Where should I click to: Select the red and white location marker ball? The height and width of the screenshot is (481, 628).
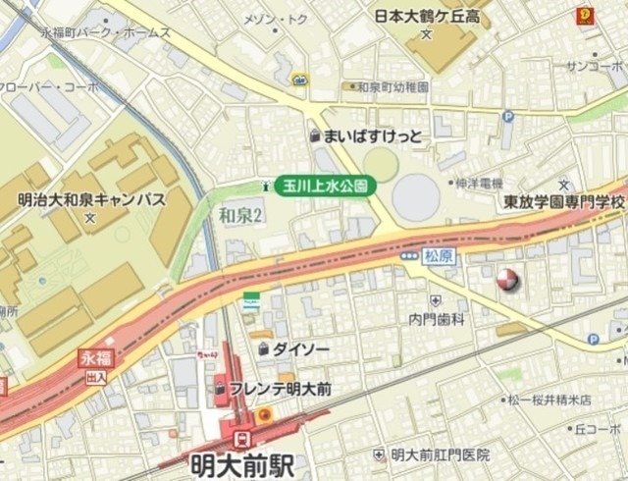(x=506, y=280)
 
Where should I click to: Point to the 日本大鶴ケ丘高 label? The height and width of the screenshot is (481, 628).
(x=429, y=16)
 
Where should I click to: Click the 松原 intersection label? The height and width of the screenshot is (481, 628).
(x=439, y=255)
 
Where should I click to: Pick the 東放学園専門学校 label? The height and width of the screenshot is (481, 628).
(x=563, y=201)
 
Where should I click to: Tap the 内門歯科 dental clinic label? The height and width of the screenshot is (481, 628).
(x=436, y=318)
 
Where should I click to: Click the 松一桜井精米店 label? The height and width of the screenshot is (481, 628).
(x=549, y=401)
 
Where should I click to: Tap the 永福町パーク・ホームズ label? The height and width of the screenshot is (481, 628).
(x=105, y=32)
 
